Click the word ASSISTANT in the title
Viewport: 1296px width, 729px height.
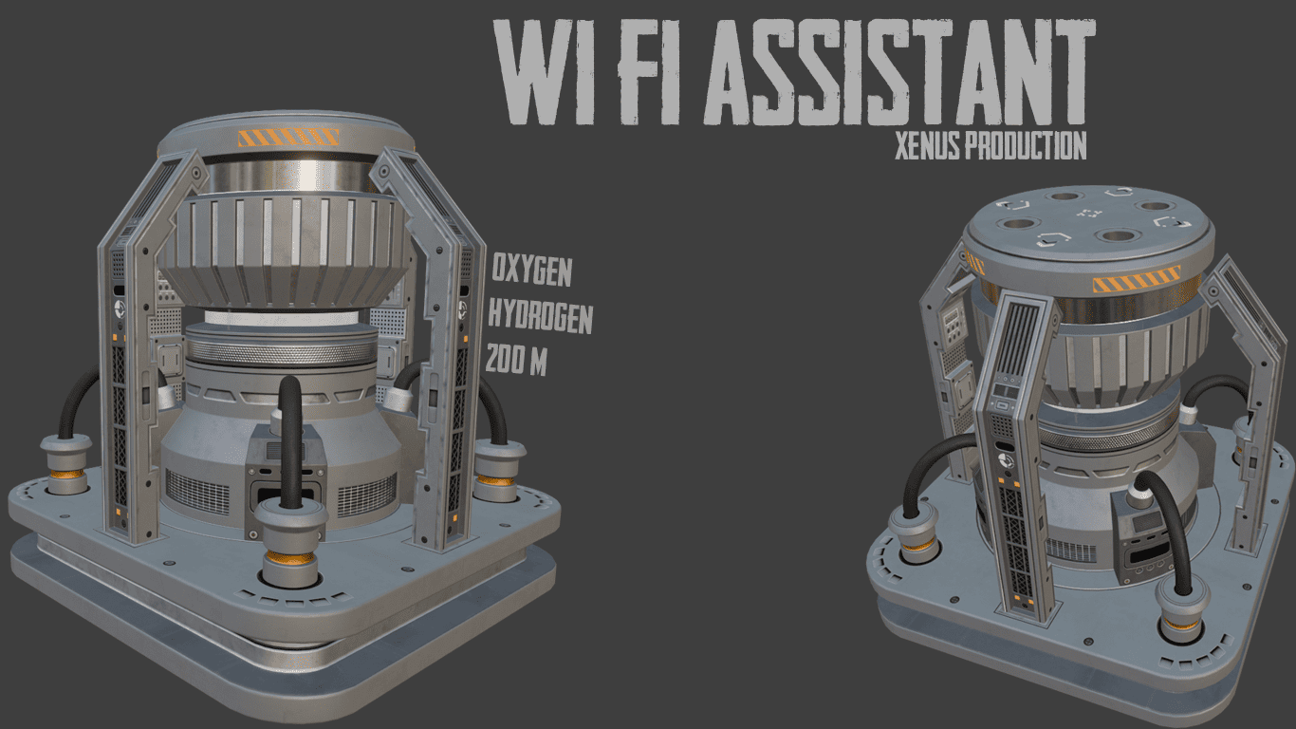[x=898, y=72]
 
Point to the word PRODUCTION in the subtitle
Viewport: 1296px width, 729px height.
[x=1028, y=145]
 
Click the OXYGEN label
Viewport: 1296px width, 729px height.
[x=531, y=270]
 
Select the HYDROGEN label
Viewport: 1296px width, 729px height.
[x=541, y=316]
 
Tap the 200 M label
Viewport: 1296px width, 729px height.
[x=516, y=360]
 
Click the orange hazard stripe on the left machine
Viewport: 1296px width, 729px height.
[x=288, y=138]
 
